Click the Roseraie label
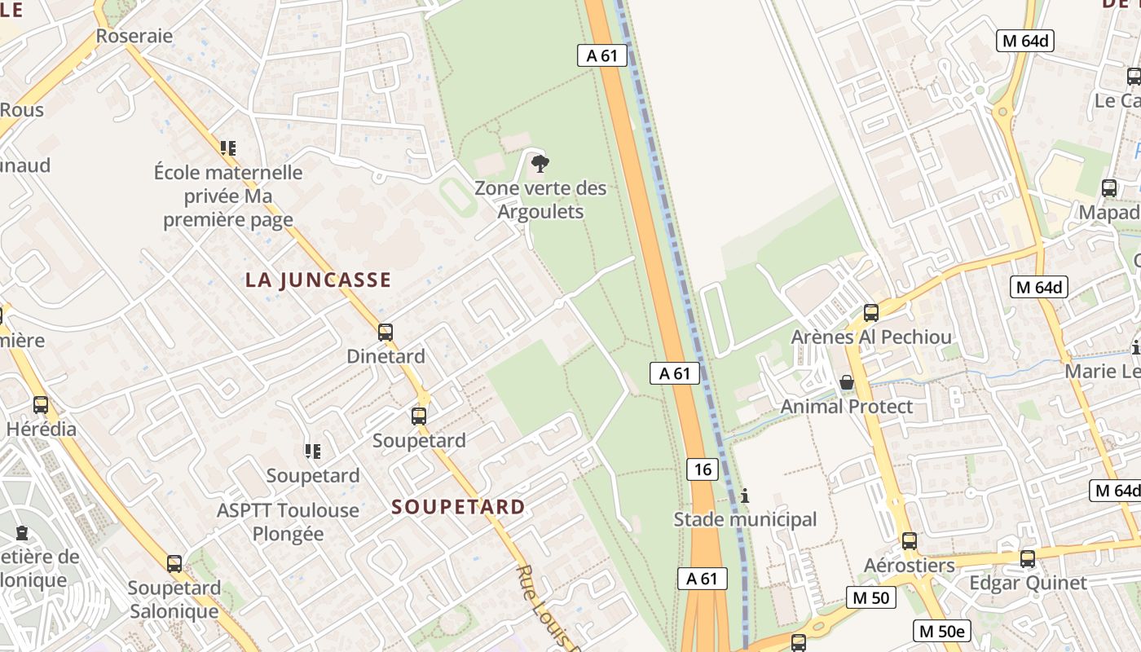(x=134, y=36)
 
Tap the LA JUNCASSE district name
(x=318, y=280)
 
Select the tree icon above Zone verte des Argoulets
(x=540, y=165)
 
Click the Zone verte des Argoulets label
(x=540, y=200)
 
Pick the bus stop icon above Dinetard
(x=385, y=333)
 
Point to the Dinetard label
(x=385, y=356)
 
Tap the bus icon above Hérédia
(x=41, y=404)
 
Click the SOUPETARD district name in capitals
(x=458, y=507)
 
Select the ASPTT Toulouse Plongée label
(x=287, y=522)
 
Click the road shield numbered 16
(x=703, y=469)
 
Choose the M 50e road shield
(x=943, y=631)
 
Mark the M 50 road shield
(x=870, y=597)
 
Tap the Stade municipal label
(x=744, y=519)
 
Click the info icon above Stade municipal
(x=744, y=496)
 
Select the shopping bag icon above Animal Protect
(x=847, y=382)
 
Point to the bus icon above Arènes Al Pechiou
(x=870, y=312)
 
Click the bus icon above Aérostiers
(x=909, y=540)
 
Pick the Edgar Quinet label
(x=1027, y=583)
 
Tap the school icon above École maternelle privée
(x=228, y=148)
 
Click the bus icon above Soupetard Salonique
(x=174, y=563)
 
